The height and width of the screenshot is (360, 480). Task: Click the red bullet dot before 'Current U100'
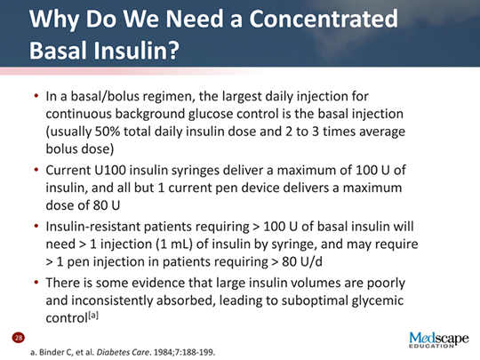coord(35,170)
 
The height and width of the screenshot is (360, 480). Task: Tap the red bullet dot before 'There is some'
coord(35,283)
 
